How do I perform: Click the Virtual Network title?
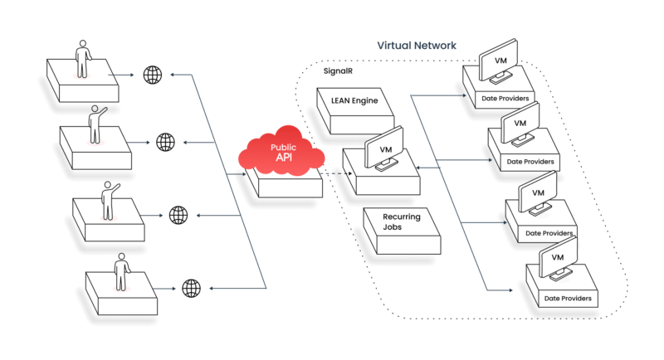[417, 46]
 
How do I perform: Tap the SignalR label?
[338, 71]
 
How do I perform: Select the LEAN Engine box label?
[354, 100]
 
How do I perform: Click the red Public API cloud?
[281, 151]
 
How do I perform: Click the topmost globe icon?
[153, 75]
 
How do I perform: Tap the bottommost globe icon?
[191, 288]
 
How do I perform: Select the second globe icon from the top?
[165, 142]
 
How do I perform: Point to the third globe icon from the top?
[178, 215]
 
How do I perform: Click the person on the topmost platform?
[82, 59]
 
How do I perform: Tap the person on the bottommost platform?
[121, 272]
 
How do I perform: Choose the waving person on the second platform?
[96, 124]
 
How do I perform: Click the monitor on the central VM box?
[384, 148]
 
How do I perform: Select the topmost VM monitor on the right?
[499, 61]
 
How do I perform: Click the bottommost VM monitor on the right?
[558, 259]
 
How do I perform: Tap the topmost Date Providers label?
[505, 99]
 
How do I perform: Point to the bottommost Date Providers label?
[568, 299]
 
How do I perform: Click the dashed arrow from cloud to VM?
[336, 173]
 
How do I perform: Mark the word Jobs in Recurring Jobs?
[392, 227]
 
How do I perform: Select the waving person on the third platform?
[110, 201]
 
